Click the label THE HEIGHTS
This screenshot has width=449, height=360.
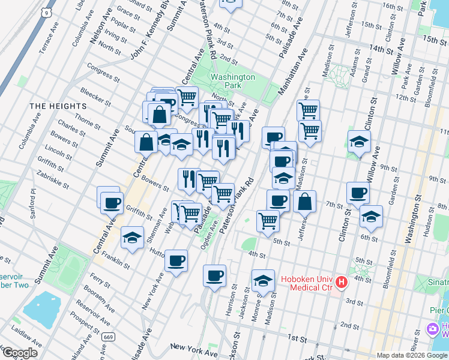[58, 106]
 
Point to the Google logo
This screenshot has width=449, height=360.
[20, 353]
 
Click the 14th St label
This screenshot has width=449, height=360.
[384, 48]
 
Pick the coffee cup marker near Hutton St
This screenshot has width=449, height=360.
[176, 260]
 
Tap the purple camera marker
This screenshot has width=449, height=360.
[432, 329]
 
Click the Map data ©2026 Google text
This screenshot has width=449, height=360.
[409, 355]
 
